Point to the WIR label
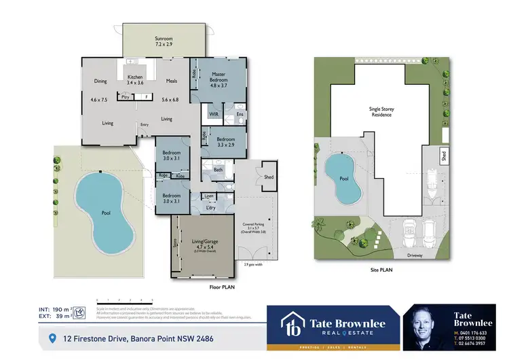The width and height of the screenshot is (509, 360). tap(212, 114)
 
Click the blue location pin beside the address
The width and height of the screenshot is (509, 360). tap(52, 338)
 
